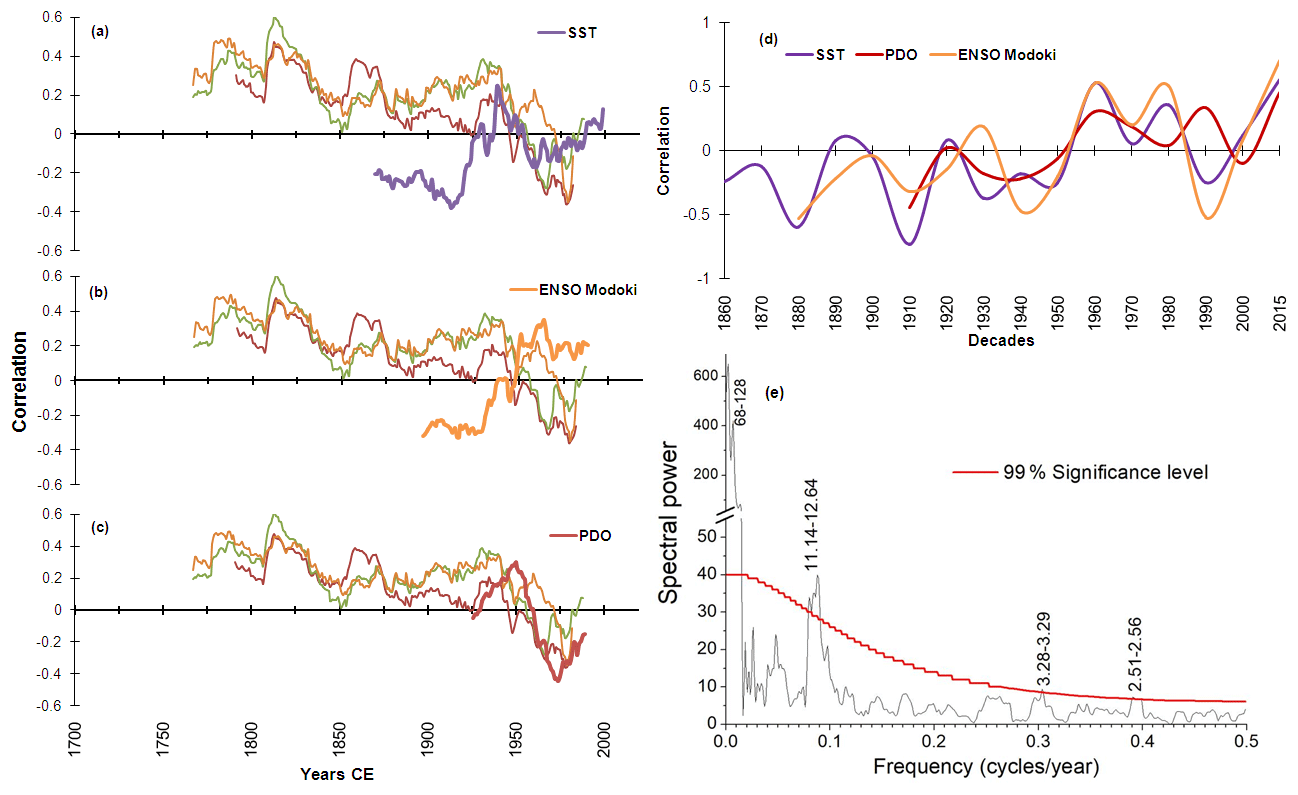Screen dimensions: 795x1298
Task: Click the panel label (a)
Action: [99, 32]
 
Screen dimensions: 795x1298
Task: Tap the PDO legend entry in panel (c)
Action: [594, 535]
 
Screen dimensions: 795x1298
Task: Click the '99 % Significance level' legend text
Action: [1106, 472]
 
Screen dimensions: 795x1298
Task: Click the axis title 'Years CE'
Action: [339, 773]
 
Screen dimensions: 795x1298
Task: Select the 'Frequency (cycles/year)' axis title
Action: [986, 768]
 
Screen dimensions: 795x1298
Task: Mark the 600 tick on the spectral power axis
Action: [704, 376]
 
